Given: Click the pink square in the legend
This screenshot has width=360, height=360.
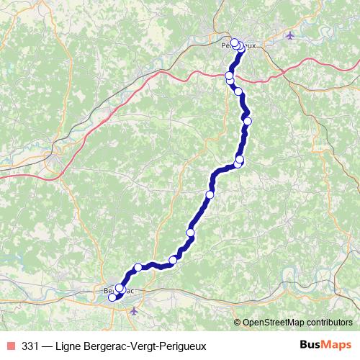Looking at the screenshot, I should (x=11, y=344).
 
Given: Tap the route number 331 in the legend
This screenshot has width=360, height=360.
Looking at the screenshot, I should (x=30, y=344).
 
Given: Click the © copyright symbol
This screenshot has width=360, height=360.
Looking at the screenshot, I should (x=238, y=323).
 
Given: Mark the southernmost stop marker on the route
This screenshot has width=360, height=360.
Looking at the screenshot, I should (x=112, y=297).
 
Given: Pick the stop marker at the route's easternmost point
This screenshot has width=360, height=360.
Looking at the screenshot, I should (x=247, y=121).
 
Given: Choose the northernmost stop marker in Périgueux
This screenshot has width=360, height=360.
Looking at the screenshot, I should (x=235, y=42).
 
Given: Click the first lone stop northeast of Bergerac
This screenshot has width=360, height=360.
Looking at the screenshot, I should (x=138, y=267).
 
